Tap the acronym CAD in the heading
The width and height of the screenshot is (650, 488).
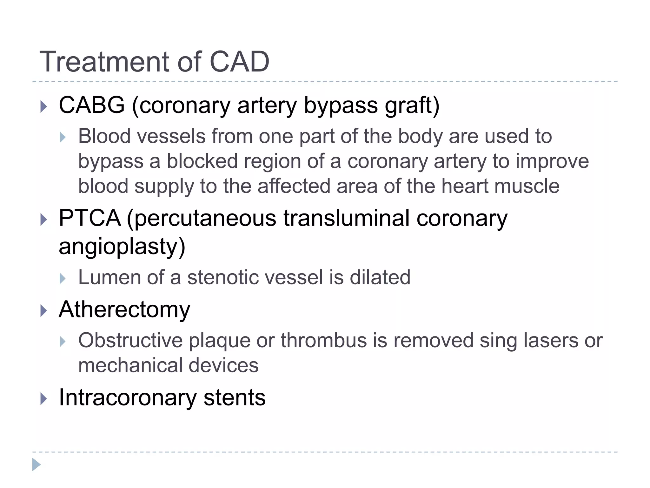[239, 62]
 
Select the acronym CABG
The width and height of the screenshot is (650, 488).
[92, 105]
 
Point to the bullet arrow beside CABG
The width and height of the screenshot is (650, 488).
[44, 106]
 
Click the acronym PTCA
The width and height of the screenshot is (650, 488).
[90, 218]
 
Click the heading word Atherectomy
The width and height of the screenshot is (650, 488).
[124, 310]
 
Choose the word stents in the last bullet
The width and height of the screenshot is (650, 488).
[234, 398]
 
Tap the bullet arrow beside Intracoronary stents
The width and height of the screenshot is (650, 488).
[44, 399]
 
